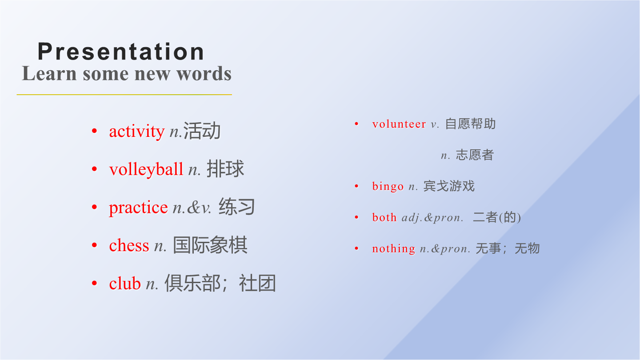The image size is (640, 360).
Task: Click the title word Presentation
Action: point(121,52)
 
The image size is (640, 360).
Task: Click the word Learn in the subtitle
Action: point(49,73)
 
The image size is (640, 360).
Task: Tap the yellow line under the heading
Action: point(124,95)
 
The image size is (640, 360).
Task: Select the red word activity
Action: point(137,132)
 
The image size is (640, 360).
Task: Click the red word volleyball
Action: point(146,169)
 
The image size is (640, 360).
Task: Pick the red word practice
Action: point(138,208)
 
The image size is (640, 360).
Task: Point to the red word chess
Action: point(129,245)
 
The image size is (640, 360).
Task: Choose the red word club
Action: point(125,283)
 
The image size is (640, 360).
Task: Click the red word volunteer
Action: point(399,124)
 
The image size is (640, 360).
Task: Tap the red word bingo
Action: point(388,186)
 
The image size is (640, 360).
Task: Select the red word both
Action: point(384,217)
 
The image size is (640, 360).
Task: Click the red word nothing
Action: point(393,248)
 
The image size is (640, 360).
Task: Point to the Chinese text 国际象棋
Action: point(210,245)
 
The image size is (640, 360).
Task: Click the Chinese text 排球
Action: point(225,168)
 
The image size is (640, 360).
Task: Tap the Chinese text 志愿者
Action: point(475,155)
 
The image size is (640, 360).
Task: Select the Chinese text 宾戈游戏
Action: point(449,186)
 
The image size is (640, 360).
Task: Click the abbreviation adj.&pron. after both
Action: point(432,218)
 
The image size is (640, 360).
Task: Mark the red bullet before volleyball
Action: point(95,169)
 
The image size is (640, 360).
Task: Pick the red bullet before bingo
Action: point(356,186)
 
